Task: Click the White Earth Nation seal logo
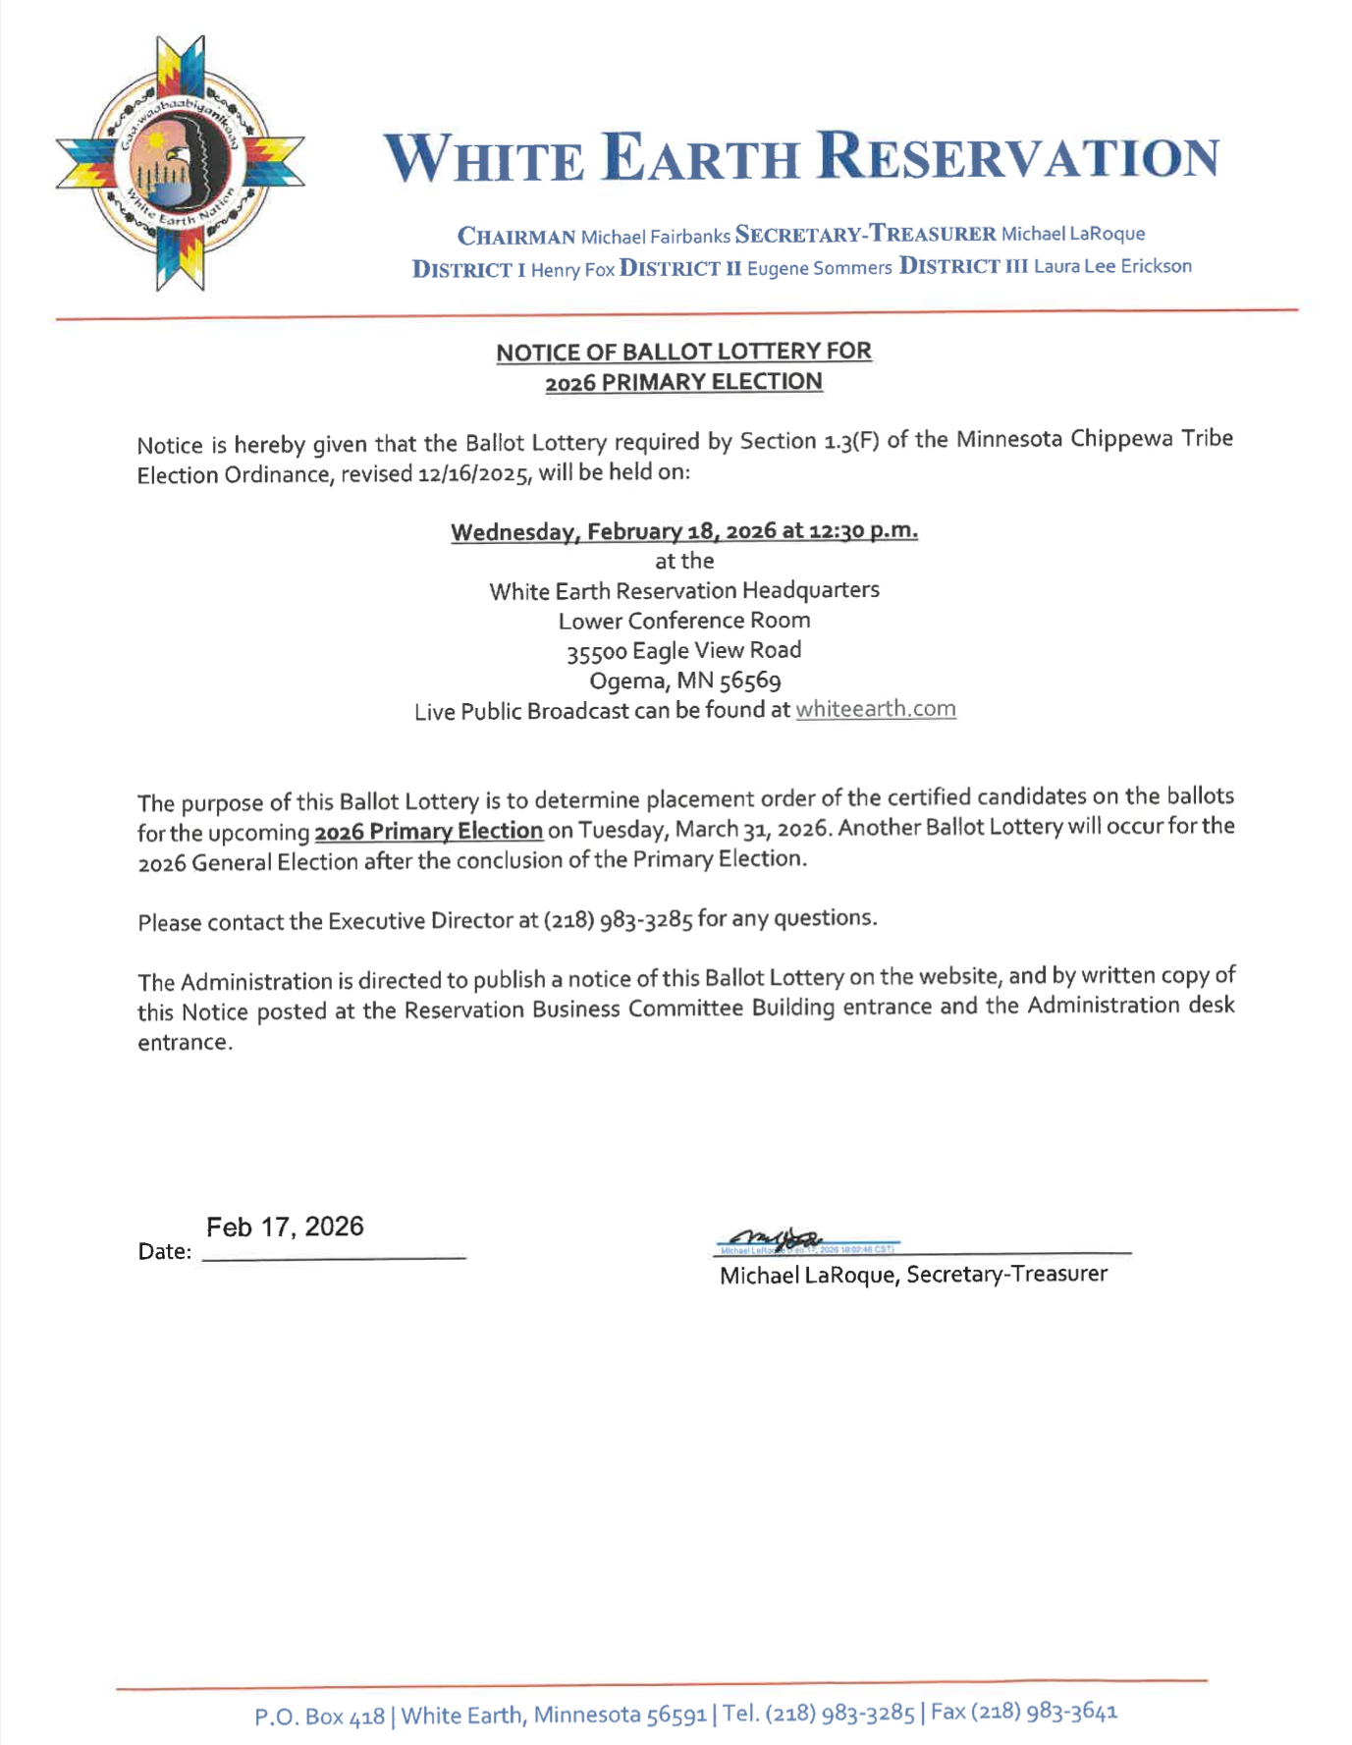coord(180,163)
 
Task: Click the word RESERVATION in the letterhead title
coord(1018,157)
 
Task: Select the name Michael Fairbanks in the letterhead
coord(655,237)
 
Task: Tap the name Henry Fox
coord(572,270)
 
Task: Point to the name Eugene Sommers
coord(819,268)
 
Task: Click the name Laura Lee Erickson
coord(1112,266)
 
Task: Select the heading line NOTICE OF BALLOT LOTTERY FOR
coord(683,352)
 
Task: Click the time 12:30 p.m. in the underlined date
coord(863,531)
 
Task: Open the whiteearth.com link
coord(875,709)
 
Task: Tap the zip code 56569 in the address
coord(750,681)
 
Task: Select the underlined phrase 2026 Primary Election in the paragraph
coord(428,832)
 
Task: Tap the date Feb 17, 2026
coord(285,1227)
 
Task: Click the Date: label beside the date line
coord(164,1252)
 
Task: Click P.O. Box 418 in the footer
coord(319,1717)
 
